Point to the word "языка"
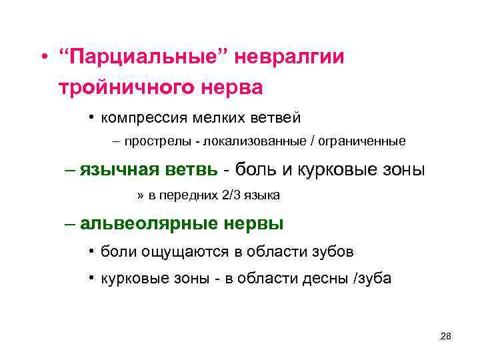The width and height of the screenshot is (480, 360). (x=262, y=195)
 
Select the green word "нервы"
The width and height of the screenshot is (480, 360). (x=256, y=223)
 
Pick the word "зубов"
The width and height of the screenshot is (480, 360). (x=332, y=251)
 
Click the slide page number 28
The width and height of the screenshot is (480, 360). (x=446, y=336)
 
